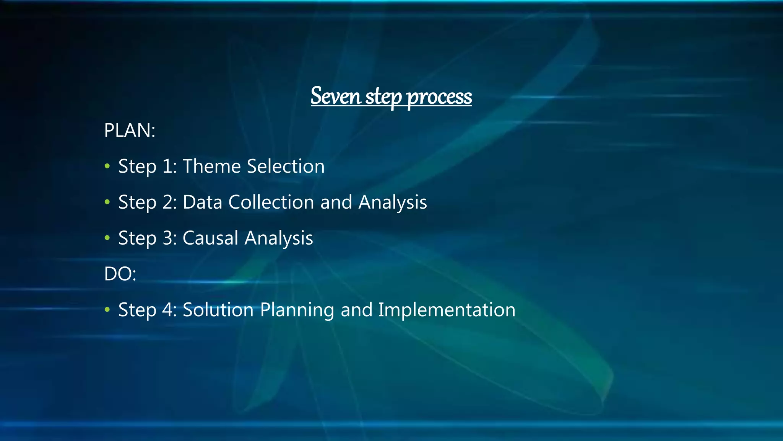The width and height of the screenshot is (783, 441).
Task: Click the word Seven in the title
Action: coord(336,96)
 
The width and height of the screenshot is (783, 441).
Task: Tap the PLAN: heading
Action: coord(130,131)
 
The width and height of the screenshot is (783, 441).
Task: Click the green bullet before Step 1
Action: coord(107,167)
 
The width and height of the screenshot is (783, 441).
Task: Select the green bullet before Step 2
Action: coord(107,202)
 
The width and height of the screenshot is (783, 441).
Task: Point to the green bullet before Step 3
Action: coord(107,238)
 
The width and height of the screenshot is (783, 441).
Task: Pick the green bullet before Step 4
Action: coord(107,310)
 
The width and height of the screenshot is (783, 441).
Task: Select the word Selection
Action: coord(286,166)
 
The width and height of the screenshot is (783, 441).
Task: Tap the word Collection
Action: coord(271,202)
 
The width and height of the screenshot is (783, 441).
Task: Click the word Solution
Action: coord(218,310)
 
